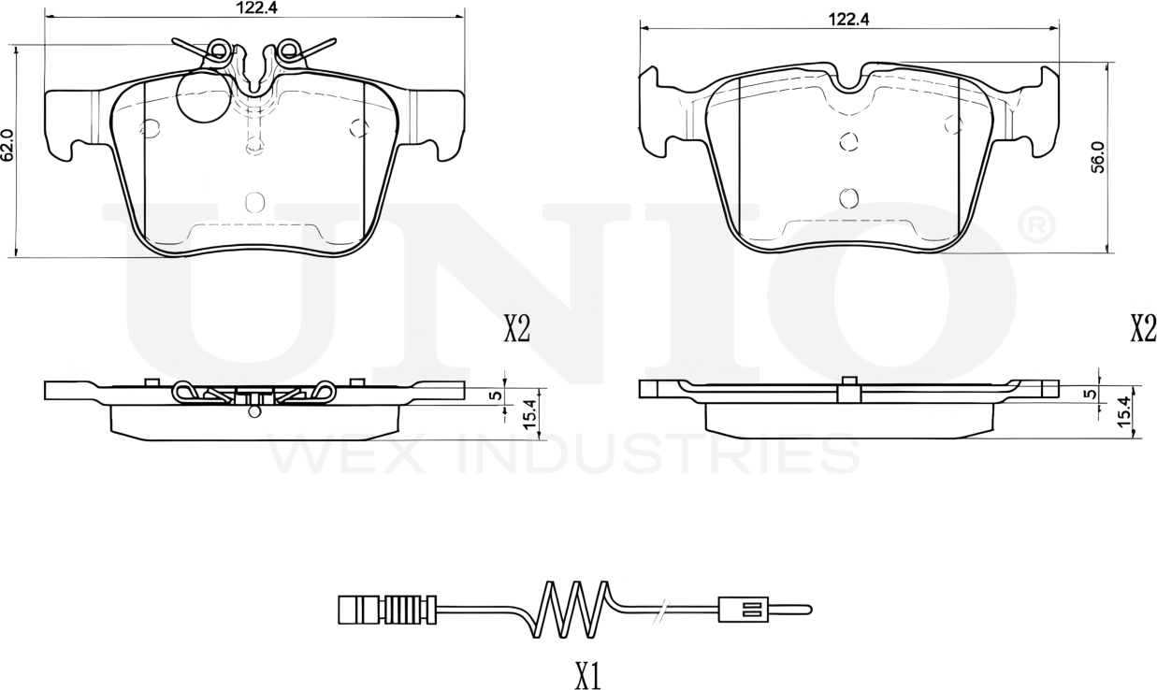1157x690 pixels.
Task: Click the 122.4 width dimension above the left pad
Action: (254, 7)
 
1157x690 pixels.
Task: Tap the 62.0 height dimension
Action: (7, 146)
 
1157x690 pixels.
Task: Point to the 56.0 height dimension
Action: (1099, 156)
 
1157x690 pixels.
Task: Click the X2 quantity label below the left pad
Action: (517, 329)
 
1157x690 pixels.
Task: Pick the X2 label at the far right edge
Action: (1143, 329)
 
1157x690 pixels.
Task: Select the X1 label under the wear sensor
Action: (586, 676)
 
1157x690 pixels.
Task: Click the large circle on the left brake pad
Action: (203, 95)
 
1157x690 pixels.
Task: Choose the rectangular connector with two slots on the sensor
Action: (743, 610)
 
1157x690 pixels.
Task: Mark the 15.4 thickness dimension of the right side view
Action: (1123, 412)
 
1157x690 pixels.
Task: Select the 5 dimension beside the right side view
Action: (1089, 394)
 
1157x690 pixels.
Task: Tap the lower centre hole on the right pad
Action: (848, 197)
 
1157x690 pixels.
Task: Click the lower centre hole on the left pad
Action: (253, 202)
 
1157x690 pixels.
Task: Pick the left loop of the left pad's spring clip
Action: (219, 49)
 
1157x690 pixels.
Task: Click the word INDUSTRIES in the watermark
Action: (660, 454)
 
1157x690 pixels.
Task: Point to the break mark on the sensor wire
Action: (661, 610)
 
